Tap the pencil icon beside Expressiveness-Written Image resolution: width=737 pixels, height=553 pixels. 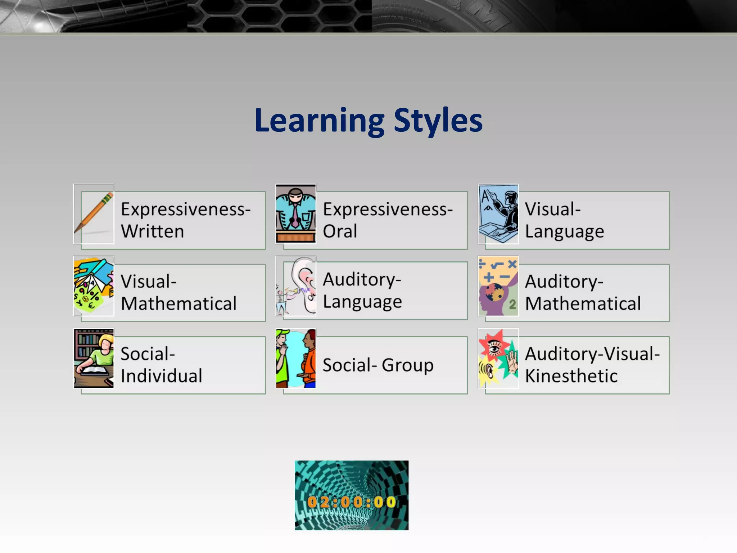click(x=94, y=214)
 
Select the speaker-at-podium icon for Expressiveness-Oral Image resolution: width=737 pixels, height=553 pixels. click(x=296, y=214)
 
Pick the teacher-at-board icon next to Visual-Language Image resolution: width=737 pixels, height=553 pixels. click(x=498, y=214)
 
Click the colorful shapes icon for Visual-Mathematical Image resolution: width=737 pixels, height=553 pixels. click(x=94, y=286)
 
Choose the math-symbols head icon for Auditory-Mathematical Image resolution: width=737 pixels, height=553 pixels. click(x=498, y=286)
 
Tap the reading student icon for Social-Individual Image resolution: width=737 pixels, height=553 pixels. click(x=94, y=359)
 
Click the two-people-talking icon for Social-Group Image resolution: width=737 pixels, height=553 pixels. click(x=296, y=359)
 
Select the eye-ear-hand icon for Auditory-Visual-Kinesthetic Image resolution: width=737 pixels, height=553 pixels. click(x=498, y=359)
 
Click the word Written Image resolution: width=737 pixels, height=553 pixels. click(x=153, y=231)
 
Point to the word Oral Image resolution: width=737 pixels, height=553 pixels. click(x=340, y=231)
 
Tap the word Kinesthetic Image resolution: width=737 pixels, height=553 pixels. click(x=571, y=376)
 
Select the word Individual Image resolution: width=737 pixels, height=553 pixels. click(x=162, y=376)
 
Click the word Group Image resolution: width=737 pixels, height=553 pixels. click(x=408, y=365)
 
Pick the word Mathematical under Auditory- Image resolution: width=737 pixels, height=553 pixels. click(x=583, y=304)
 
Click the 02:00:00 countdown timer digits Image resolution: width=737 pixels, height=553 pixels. click(x=352, y=502)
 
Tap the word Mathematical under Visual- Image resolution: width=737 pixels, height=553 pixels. click(x=179, y=304)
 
